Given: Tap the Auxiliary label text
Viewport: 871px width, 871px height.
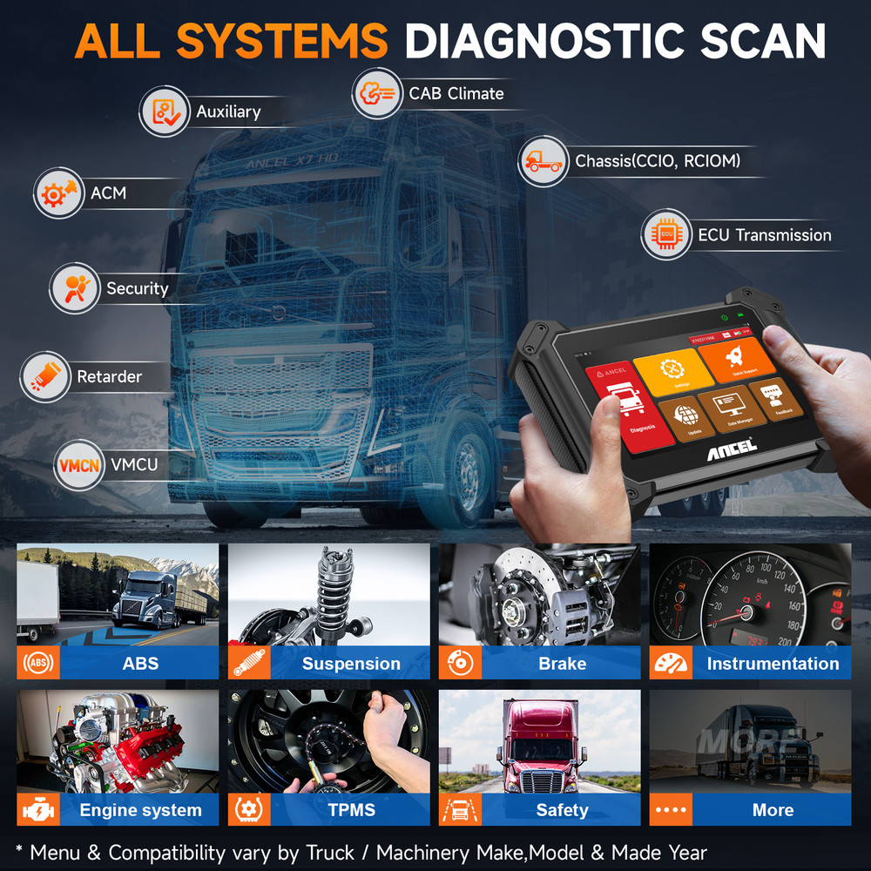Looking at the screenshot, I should pyautogui.click(x=228, y=111).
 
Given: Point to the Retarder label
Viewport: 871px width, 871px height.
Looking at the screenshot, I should pyautogui.click(x=109, y=377).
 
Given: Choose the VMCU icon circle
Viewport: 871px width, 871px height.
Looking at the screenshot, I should pyautogui.click(x=78, y=465).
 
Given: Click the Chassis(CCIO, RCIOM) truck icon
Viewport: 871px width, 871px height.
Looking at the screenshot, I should pyautogui.click(x=544, y=161).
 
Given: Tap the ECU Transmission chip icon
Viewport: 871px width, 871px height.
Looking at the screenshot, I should pyautogui.click(x=666, y=235).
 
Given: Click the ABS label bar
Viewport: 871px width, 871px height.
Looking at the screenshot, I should pyautogui.click(x=139, y=664).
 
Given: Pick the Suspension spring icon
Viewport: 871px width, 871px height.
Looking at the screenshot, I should pyautogui.click(x=249, y=664).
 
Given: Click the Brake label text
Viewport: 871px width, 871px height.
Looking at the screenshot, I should pyautogui.click(x=562, y=664).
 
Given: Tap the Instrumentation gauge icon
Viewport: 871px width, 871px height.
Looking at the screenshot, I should pyautogui.click(x=671, y=664).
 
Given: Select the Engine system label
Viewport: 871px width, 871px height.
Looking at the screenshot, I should pyautogui.click(x=139, y=810).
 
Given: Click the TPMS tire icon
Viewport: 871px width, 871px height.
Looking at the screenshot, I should pyautogui.click(x=249, y=810).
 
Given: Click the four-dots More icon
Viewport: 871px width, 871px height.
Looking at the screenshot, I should pyautogui.click(x=671, y=810).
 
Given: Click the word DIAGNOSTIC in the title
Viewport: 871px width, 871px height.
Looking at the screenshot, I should pyautogui.click(x=551, y=41).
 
